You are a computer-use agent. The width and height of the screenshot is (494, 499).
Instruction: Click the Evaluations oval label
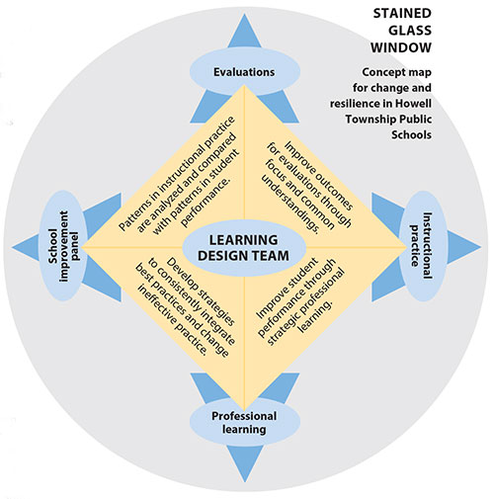[245, 72]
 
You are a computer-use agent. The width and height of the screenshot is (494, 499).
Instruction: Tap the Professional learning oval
[245, 423]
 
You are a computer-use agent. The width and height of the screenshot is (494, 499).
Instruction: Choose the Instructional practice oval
[423, 246]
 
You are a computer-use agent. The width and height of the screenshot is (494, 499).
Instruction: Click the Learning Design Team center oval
[244, 248]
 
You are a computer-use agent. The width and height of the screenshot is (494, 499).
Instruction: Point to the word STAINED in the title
[402, 13]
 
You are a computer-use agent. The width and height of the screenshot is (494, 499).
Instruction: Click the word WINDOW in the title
[401, 47]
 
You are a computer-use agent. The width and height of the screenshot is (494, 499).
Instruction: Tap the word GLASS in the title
[410, 31]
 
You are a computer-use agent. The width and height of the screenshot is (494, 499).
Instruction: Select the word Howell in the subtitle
[413, 104]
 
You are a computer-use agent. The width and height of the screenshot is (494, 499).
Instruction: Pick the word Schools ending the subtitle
[411, 134]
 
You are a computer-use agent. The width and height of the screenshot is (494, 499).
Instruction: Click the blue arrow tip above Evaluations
[244, 14]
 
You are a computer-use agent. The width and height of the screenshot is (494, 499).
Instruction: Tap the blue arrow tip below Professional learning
[244, 481]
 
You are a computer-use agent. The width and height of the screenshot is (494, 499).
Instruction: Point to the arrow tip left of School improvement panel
[13, 247]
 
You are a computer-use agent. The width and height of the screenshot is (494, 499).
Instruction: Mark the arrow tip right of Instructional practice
[480, 246]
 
